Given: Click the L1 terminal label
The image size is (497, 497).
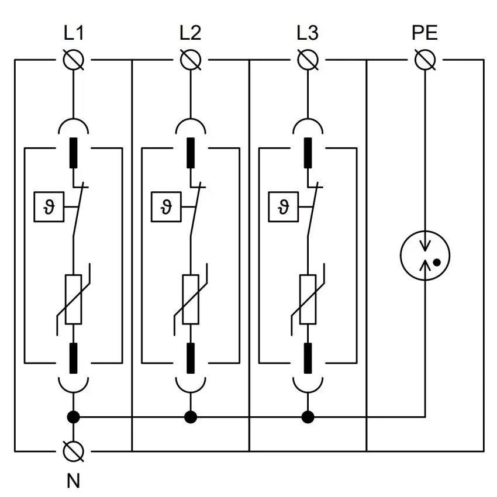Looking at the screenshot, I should point(73,33).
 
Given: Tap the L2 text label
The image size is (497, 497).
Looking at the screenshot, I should point(190,33).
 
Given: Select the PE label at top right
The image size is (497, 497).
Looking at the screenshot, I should point(424,33).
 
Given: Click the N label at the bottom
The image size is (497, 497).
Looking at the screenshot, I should point(73,481).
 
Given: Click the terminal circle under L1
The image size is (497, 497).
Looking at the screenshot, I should point(73,60).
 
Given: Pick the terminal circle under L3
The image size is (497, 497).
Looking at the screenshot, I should point(307,60).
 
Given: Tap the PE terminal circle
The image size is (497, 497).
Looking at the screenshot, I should point(424,60).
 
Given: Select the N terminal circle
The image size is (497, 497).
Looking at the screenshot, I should point(73,451).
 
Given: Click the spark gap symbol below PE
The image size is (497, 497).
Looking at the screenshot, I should point(424,256).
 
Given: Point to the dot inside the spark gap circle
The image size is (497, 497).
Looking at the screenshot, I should point(436,263).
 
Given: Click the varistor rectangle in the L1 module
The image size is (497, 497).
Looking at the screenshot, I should point(73,299).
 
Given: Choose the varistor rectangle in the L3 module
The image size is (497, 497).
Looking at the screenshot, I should point(307,299).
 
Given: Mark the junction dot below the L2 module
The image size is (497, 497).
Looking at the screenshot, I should point(190,417).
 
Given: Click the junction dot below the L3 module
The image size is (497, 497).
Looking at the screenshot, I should point(307,417).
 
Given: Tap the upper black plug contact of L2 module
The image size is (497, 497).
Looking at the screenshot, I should point(190,153).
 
